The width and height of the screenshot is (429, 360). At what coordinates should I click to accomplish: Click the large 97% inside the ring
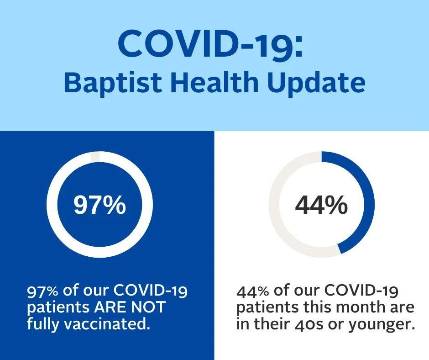click(99, 205)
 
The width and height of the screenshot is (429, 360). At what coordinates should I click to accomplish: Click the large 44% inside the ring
click(321, 205)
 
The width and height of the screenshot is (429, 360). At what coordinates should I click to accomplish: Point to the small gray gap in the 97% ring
click(95, 157)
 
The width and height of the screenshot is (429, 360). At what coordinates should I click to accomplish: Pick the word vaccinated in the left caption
click(107, 323)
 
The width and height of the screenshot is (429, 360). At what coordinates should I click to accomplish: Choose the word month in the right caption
click(359, 307)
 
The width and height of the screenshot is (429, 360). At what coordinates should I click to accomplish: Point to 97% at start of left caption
click(42, 291)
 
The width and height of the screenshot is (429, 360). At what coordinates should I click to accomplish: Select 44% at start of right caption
click(252, 291)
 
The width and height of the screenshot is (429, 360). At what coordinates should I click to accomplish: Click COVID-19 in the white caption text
click(151, 291)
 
